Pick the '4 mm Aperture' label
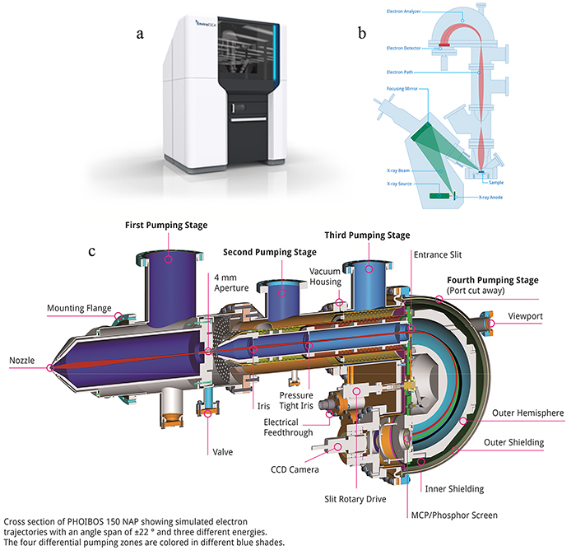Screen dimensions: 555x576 (x=230, y=282)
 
